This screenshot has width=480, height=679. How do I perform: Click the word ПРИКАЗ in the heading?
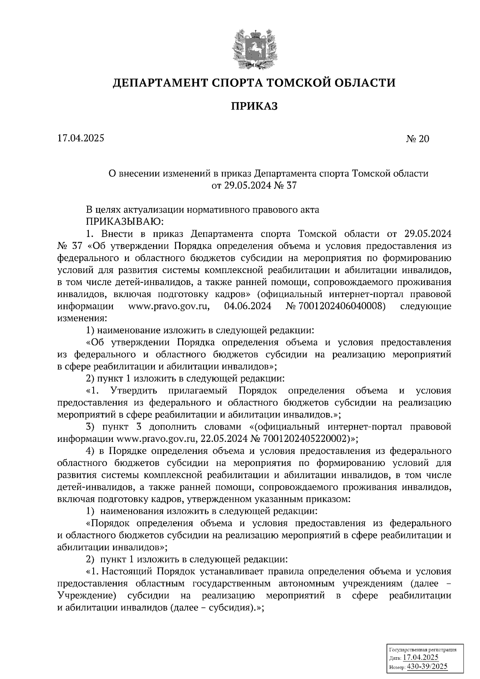(x=254, y=106)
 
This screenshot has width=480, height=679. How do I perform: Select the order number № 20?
(x=417, y=139)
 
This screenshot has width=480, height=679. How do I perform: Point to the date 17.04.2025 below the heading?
(x=80, y=138)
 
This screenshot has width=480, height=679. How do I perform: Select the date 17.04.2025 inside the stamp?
(x=421, y=658)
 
